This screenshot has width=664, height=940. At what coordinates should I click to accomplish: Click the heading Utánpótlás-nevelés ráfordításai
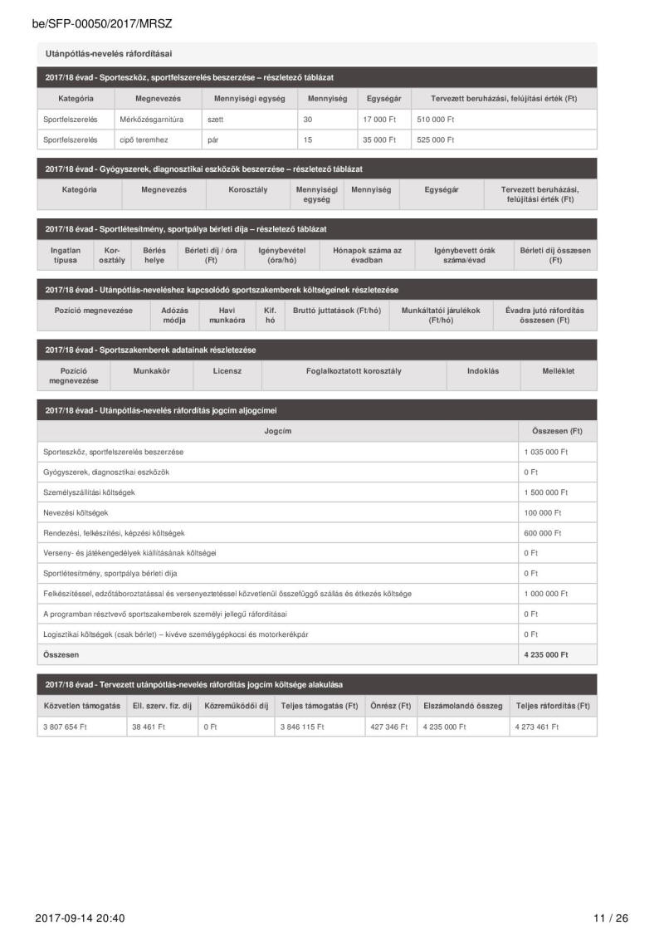click(x=109, y=54)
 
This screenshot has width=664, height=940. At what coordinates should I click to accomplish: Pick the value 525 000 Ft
click(x=436, y=140)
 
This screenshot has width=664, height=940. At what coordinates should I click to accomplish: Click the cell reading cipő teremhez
click(x=144, y=140)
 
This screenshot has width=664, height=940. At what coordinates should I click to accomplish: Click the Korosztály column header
click(x=248, y=189)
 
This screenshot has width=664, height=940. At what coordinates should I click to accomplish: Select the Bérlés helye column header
click(x=154, y=255)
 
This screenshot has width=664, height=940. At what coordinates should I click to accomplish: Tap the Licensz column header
click(x=227, y=371)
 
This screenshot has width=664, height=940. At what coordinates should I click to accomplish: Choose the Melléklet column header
click(x=559, y=371)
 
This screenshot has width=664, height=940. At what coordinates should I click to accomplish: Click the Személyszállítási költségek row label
click(x=89, y=492)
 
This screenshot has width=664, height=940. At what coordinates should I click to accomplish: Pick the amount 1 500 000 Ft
click(x=546, y=492)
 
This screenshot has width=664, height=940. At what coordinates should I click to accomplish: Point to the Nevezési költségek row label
click(x=76, y=512)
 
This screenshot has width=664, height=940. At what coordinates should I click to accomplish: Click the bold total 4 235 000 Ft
click(x=546, y=654)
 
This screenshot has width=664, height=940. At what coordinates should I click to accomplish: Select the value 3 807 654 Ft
click(x=65, y=727)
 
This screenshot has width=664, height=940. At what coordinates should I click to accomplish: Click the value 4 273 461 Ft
click(x=537, y=727)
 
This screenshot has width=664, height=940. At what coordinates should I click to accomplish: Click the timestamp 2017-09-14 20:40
click(x=81, y=918)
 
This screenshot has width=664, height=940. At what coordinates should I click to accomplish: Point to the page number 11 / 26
click(x=612, y=918)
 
